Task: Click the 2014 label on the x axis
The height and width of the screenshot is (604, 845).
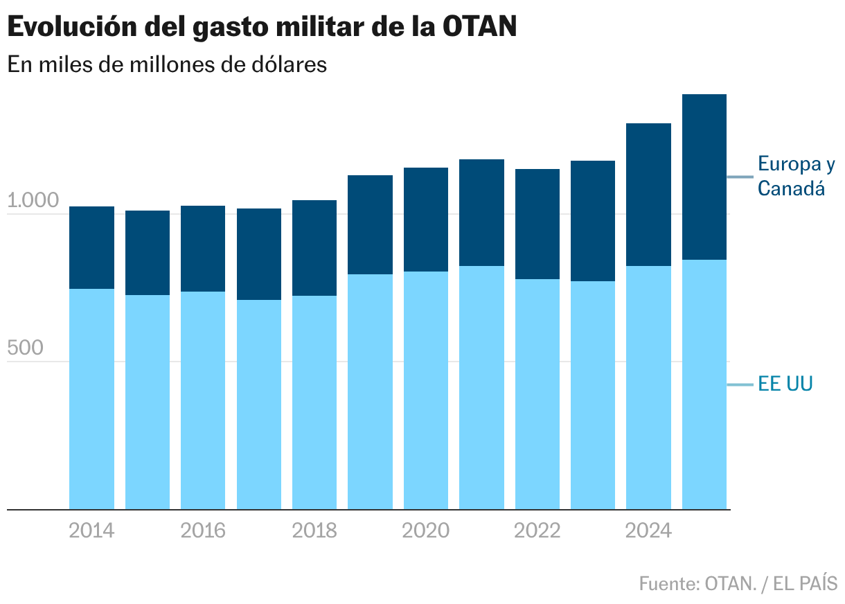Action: coord(92,531)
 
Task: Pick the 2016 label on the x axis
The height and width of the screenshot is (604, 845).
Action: coord(203,531)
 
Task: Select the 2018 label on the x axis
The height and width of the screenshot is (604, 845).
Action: coord(314,531)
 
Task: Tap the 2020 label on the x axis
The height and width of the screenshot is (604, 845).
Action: coord(425,531)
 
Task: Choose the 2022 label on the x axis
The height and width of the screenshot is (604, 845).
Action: coord(537,531)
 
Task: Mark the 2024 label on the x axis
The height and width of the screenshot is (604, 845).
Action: coord(648,531)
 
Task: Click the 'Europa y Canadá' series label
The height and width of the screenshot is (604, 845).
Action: coord(796,176)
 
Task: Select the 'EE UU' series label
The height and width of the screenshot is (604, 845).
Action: coord(785,384)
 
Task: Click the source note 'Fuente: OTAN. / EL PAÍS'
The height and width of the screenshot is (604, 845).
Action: coord(738,583)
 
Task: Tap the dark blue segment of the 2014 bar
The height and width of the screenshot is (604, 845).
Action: coord(92,247)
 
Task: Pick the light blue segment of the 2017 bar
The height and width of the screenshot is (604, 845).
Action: coord(259,405)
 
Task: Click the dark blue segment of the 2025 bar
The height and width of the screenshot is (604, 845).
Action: coord(704,177)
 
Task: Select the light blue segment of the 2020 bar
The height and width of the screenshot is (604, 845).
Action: coord(425,391)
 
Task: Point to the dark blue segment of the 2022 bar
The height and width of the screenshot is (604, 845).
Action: coord(537,224)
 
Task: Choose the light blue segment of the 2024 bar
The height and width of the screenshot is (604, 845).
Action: coord(648,388)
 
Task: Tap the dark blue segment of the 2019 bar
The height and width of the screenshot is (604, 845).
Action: coord(370,224)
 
